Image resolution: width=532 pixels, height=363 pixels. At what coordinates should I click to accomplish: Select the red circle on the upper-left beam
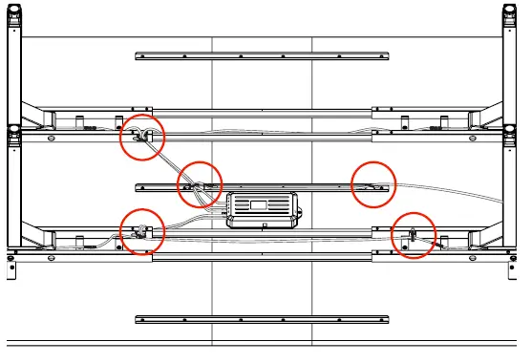pos(141,138)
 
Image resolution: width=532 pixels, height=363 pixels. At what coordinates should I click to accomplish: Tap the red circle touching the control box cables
pos(200,182)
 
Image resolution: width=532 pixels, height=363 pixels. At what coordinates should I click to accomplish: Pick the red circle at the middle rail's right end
pos(373,182)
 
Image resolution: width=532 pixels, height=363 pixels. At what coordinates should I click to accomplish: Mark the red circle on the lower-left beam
pos(141,229)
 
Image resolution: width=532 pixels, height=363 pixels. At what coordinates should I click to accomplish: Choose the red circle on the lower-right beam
pos(414,234)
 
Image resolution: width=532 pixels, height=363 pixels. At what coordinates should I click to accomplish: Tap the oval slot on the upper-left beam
pos(50,138)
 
